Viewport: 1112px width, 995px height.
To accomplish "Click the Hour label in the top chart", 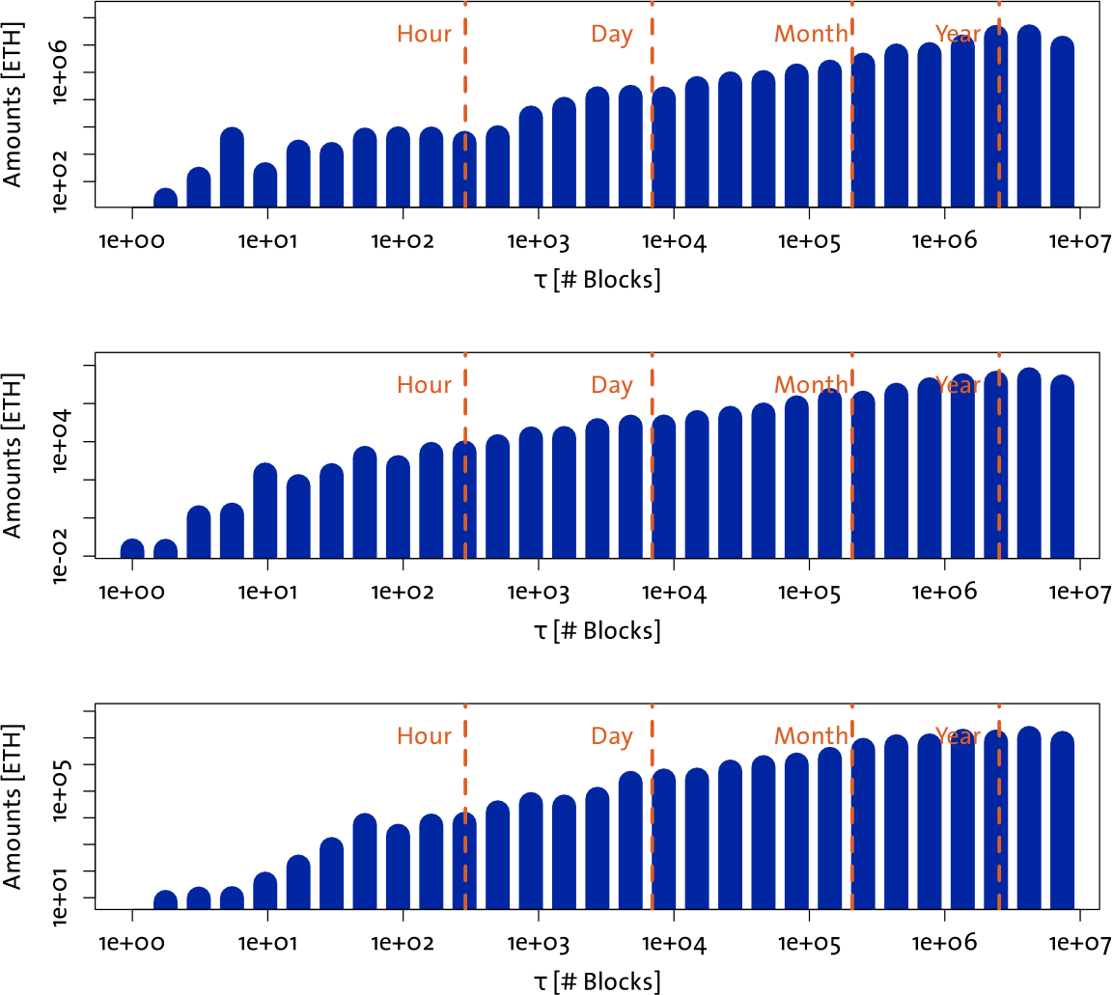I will [424, 34].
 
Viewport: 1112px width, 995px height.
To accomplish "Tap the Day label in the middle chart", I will [612, 385].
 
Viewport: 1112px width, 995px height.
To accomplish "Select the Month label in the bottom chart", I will [811, 736].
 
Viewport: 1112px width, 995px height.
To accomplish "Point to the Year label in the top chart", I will [958, 34].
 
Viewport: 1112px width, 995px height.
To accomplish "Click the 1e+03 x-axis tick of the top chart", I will [538, 240].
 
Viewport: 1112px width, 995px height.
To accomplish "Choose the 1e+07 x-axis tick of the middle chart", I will [1078, 592].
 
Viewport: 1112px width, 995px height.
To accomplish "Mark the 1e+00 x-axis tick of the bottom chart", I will [132, 943].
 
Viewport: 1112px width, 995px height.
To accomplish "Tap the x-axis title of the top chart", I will [597, 280].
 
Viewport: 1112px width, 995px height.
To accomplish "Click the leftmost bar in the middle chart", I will [132, 549].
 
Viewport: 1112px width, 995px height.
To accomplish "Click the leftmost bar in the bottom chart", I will [165, 900].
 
